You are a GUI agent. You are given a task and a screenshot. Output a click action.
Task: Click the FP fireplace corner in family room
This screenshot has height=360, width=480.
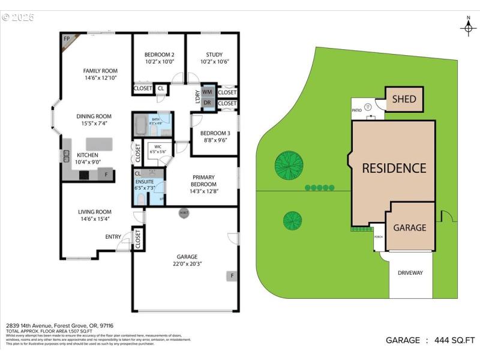point(67,40)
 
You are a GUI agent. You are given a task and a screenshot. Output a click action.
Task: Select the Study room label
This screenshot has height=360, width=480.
point(214,58)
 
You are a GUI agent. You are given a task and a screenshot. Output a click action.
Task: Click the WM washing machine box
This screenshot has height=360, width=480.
point(208,92)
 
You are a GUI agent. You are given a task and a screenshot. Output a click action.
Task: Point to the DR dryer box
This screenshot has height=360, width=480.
point(208,103)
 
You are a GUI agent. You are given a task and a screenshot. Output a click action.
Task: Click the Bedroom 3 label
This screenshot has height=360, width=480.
point(215,136)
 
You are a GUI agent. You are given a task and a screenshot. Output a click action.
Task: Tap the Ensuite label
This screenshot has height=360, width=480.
point(144,181)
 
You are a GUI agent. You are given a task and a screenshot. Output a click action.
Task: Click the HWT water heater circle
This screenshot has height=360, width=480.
point(183,213)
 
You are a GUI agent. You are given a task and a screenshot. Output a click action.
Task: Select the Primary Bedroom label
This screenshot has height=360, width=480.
point(204,181)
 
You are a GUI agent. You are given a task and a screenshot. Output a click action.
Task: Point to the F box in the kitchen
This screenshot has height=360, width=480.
point(107,175)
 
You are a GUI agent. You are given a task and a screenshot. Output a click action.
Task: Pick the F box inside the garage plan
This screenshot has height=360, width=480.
point(231,276)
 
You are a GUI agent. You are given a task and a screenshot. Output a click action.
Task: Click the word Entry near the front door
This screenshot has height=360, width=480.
point(113,236)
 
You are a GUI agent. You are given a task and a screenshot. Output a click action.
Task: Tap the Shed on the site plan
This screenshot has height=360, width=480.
point(404,99)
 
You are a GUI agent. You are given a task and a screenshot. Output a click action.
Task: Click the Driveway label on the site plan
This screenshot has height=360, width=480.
point(410,273)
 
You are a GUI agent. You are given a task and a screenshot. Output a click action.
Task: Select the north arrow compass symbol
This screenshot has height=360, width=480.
point(468,27)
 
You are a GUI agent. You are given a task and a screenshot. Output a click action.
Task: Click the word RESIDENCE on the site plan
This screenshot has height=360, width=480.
point(394,168)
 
